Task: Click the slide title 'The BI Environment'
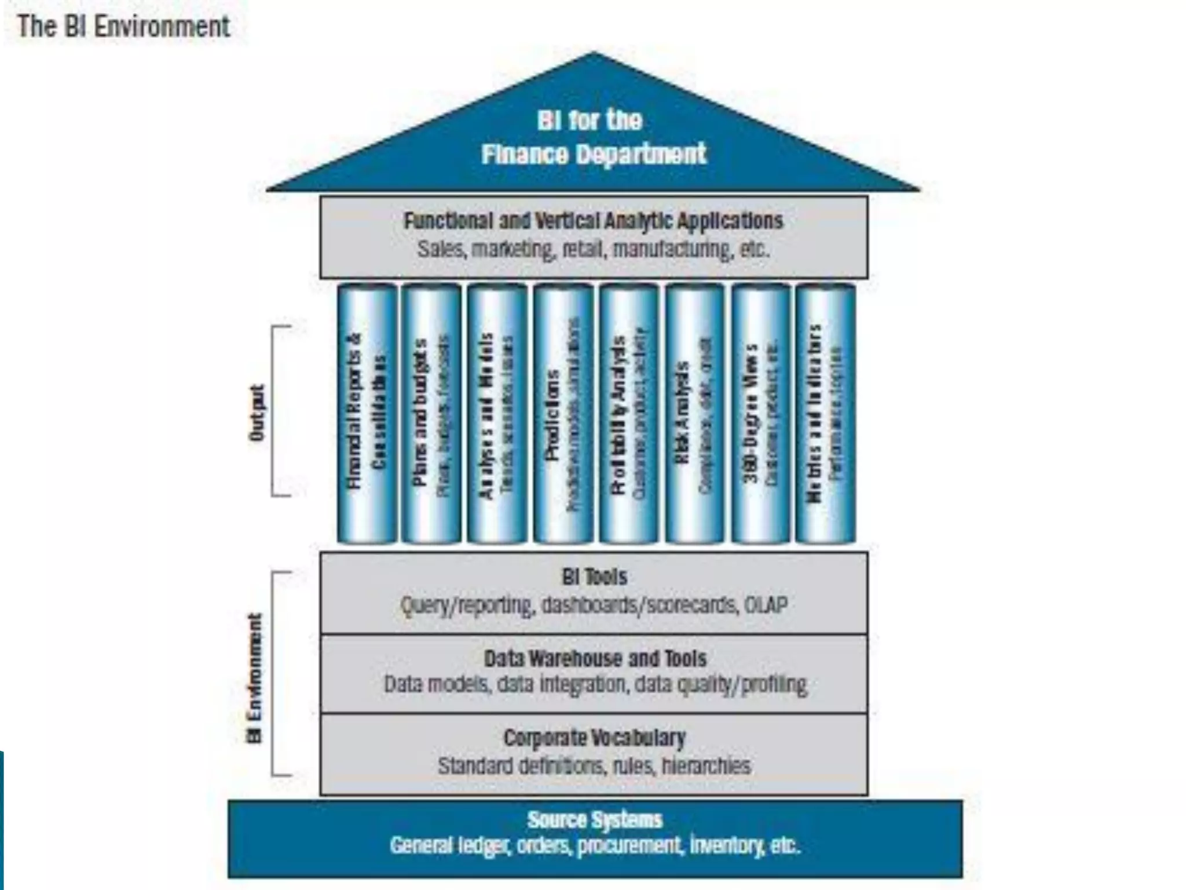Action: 123,27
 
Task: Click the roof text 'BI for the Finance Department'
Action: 592,137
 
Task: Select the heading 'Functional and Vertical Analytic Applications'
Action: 593,221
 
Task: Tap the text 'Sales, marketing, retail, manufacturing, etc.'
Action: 593,250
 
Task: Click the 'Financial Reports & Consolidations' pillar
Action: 367,413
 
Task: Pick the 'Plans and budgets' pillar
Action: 431,413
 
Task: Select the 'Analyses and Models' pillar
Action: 497,413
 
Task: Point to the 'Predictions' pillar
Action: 563,413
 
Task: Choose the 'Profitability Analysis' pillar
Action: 629,413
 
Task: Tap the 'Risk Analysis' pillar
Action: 694,413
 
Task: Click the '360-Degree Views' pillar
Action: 760,413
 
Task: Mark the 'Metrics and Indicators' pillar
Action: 825,413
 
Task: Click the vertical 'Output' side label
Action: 257,413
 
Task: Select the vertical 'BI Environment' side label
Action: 255,678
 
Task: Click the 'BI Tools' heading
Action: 594,577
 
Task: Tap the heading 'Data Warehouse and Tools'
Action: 595,659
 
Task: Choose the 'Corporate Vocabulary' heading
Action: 594,738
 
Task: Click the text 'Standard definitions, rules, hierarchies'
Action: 594,766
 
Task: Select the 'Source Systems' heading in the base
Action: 594,820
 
